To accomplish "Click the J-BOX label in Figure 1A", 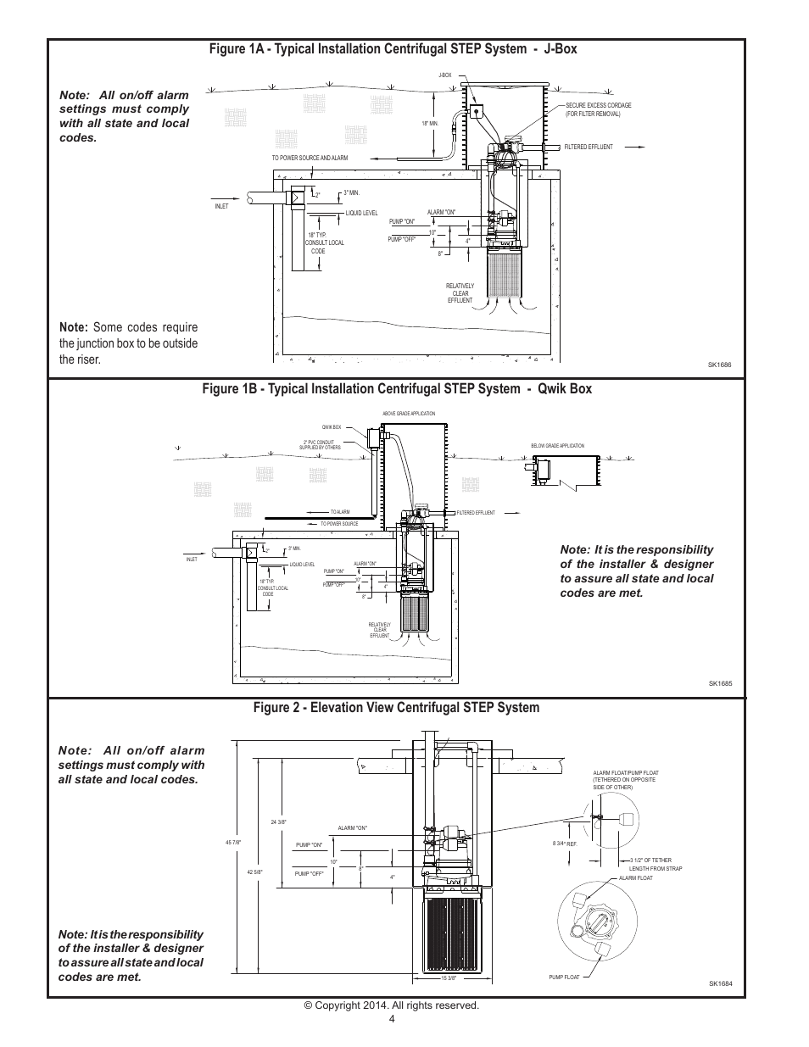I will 444,75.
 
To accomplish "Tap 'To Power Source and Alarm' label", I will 310,158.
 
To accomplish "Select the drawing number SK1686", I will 719,365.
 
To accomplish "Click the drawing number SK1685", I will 719,683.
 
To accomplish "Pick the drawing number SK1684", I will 719,984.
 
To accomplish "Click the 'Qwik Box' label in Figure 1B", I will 331,427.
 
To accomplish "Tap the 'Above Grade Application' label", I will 409,414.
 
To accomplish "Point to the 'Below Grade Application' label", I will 557,445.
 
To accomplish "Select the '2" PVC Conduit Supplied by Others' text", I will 321,444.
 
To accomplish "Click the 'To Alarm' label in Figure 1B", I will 339,512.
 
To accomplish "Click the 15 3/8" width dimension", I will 449,977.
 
